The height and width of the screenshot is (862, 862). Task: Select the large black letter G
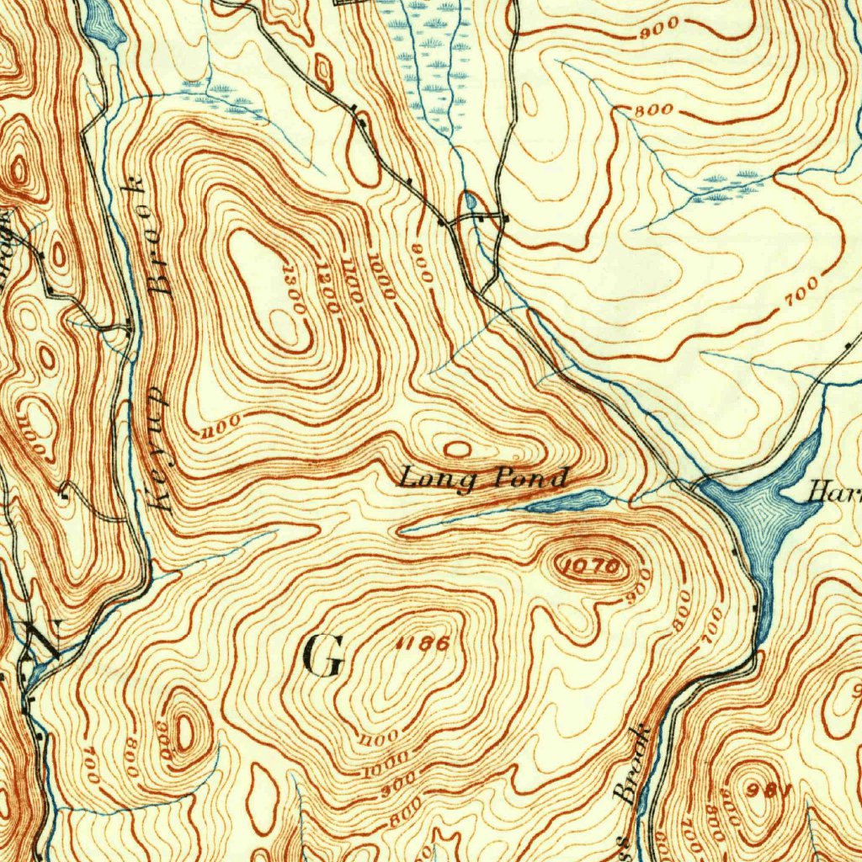(x=323, y=657)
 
